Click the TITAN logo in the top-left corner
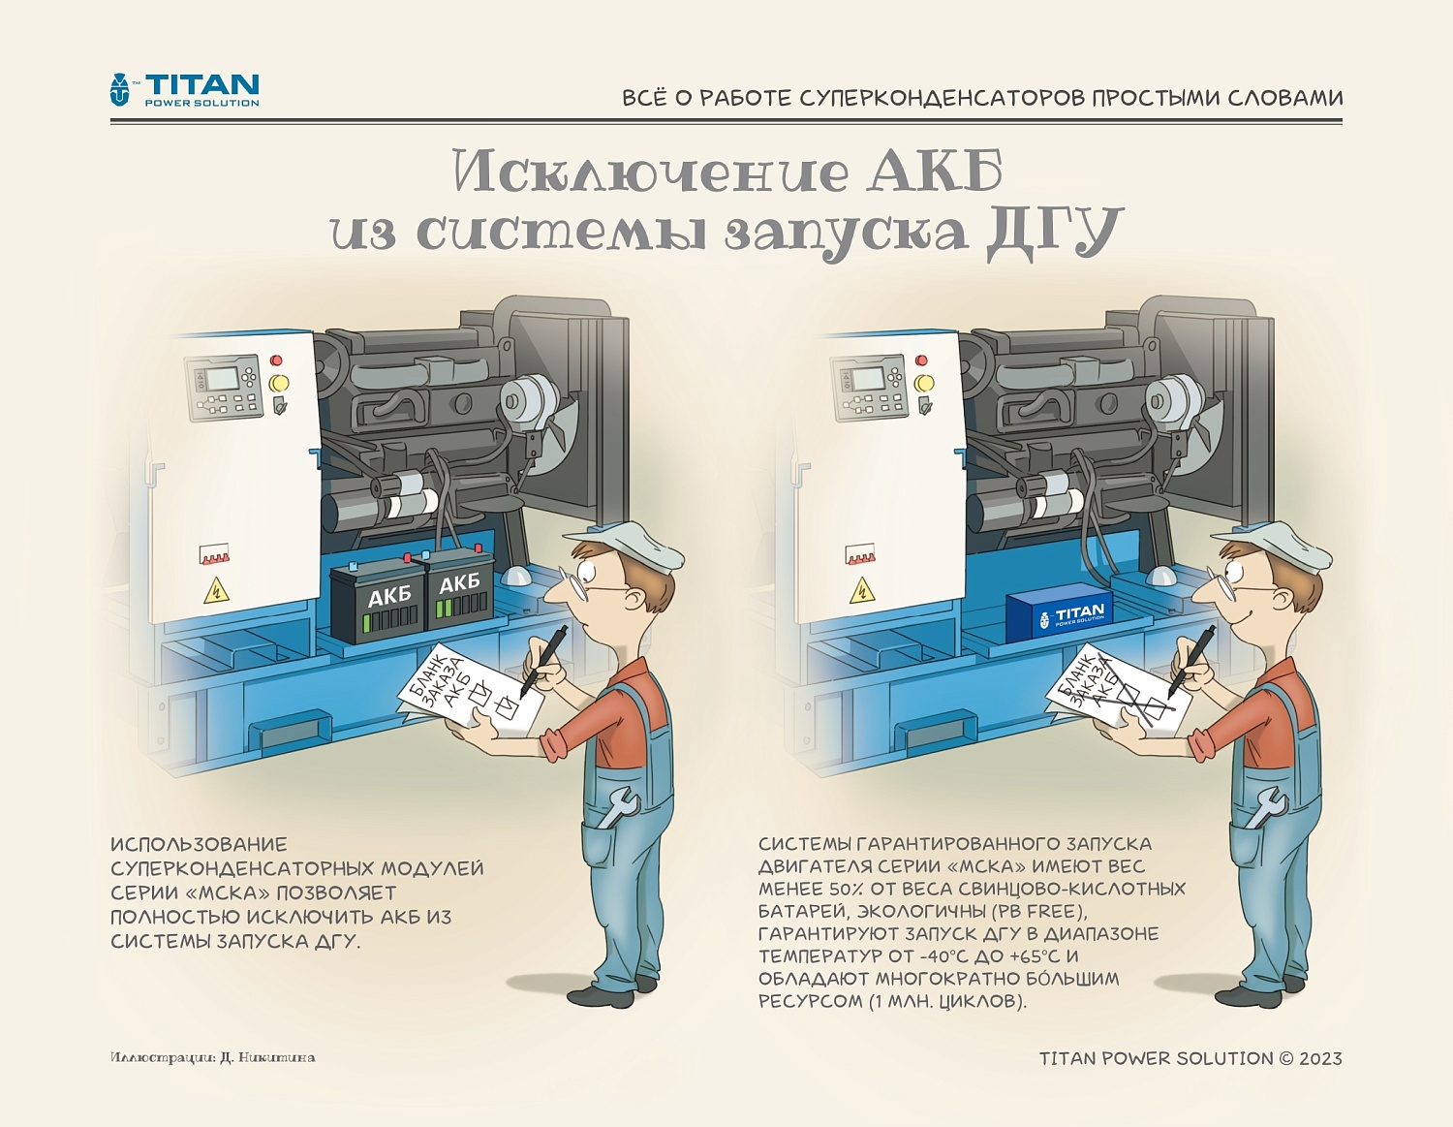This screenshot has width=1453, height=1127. tap(184, 89)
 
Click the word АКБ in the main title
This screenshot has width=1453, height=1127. tap(935, 172)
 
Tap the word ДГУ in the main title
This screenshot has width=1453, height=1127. tap(1054, 233)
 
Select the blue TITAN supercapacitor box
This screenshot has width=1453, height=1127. tap(1059, 615)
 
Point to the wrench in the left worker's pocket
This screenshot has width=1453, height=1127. tap(616, 807)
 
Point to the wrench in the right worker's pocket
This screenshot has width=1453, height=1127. tap(1264, 807)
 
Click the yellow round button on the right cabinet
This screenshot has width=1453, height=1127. tap(924, 383)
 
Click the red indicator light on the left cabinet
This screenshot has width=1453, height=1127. tap(276, 360)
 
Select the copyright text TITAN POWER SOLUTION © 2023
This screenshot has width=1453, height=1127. tap(1190, 1058)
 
